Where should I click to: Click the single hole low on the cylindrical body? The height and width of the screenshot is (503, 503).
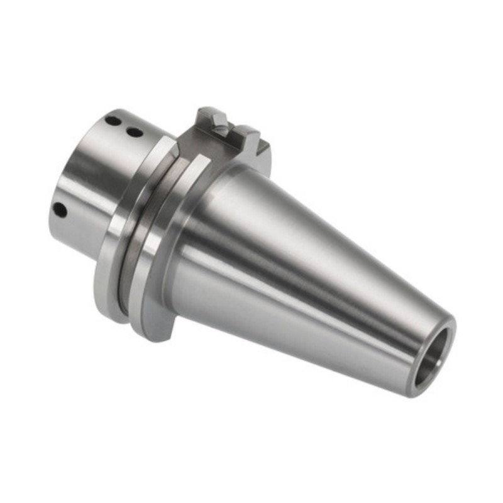coord(60,209)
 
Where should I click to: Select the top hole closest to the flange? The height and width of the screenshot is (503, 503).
coord(134,132)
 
